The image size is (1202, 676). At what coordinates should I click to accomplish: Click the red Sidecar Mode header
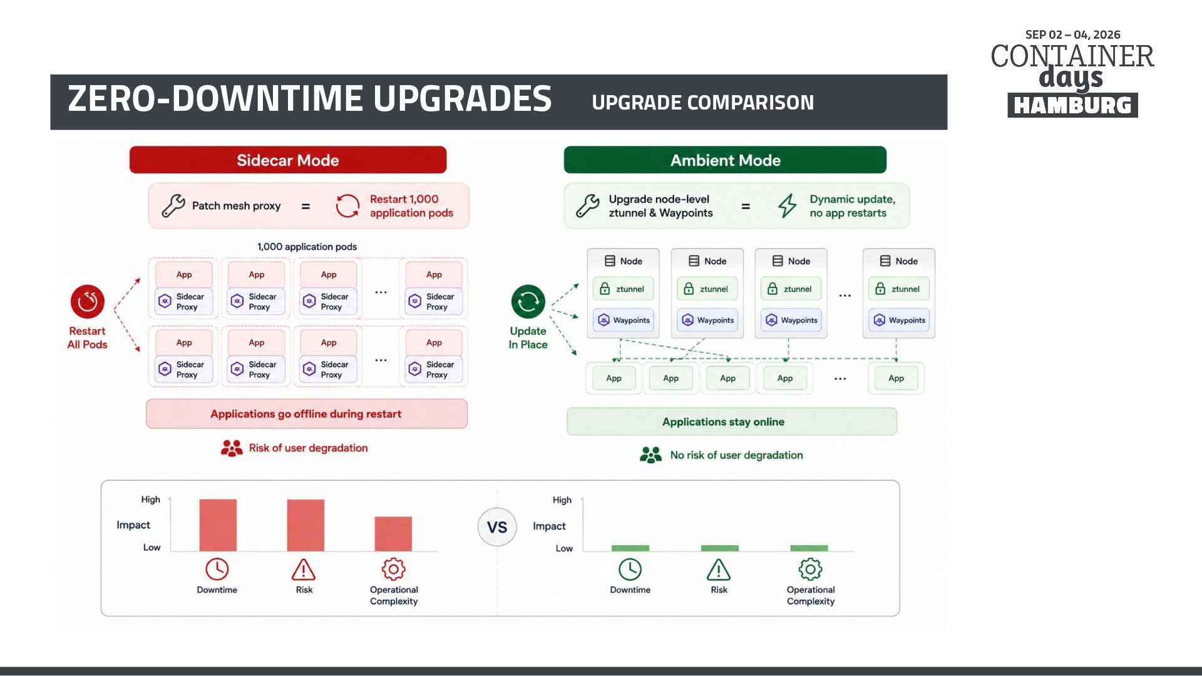pos(288,160)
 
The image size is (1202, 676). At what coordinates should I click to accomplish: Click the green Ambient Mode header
pos(725,160)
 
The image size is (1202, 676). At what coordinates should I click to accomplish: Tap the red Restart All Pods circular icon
pos(88,302)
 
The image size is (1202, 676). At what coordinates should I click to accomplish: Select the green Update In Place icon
pos(528,302)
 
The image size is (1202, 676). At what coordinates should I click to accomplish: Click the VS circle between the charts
pos(497,527)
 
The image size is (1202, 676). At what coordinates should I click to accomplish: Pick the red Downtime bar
pos(218,525)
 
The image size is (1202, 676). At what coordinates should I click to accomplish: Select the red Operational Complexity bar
pos(393,534)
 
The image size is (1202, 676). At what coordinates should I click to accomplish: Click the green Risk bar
pos(720,548)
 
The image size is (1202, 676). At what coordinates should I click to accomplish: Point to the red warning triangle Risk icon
pos(304,570)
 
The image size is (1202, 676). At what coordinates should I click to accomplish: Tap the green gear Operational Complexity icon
pos(810,569)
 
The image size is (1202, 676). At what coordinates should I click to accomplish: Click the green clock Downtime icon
pos(630,570)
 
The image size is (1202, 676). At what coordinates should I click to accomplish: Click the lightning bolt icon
pos(788,205)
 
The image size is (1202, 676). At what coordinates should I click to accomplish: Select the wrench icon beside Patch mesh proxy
pos(173,205)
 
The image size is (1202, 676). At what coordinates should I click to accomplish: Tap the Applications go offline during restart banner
pos(307,414)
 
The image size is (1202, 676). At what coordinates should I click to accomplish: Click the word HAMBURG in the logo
pos(1072,105)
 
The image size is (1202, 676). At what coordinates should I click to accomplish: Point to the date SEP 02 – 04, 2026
pos(1072,35)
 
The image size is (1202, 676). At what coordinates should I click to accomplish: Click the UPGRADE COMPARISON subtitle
pos(702,103)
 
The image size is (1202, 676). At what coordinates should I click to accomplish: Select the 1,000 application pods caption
pos(307,247)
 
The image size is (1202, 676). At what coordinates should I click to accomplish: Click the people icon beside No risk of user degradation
pos(650,455)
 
